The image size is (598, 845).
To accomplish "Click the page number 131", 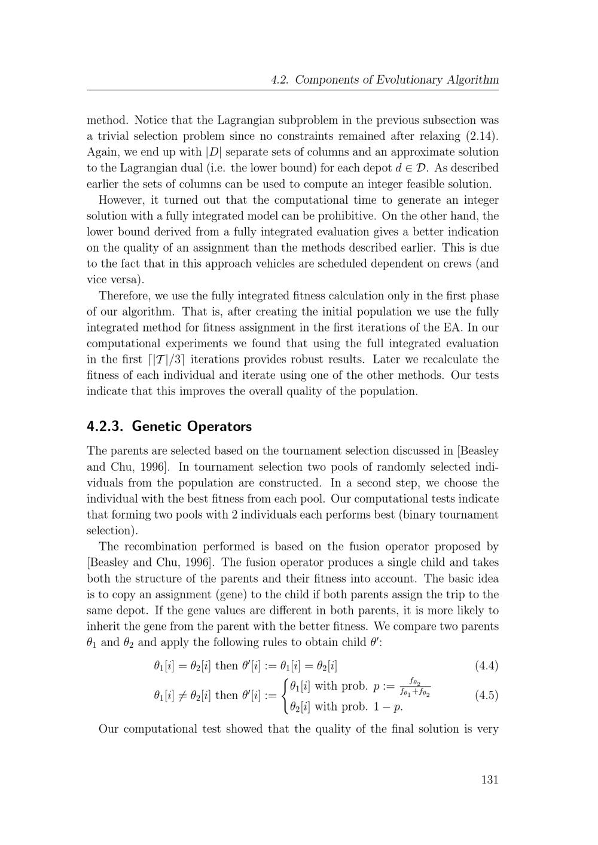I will point(489,779).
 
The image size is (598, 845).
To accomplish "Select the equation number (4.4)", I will point(486,666).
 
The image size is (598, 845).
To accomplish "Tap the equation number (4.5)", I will point(486,695).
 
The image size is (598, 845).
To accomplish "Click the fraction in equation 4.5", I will point(415,688).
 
